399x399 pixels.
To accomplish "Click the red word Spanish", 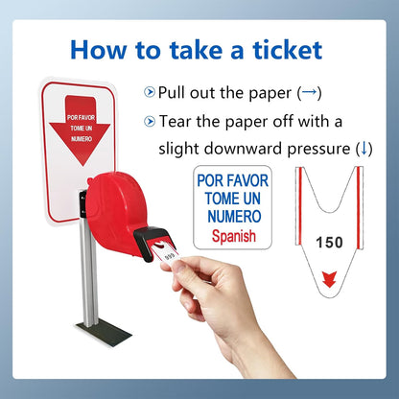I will click(x=233, y=236).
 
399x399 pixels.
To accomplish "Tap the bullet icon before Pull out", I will click(x=149, y=92).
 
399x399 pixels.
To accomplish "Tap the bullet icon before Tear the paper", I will click(x=149, y=122).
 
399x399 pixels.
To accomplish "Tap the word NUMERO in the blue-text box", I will click(x=233, y=217).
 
